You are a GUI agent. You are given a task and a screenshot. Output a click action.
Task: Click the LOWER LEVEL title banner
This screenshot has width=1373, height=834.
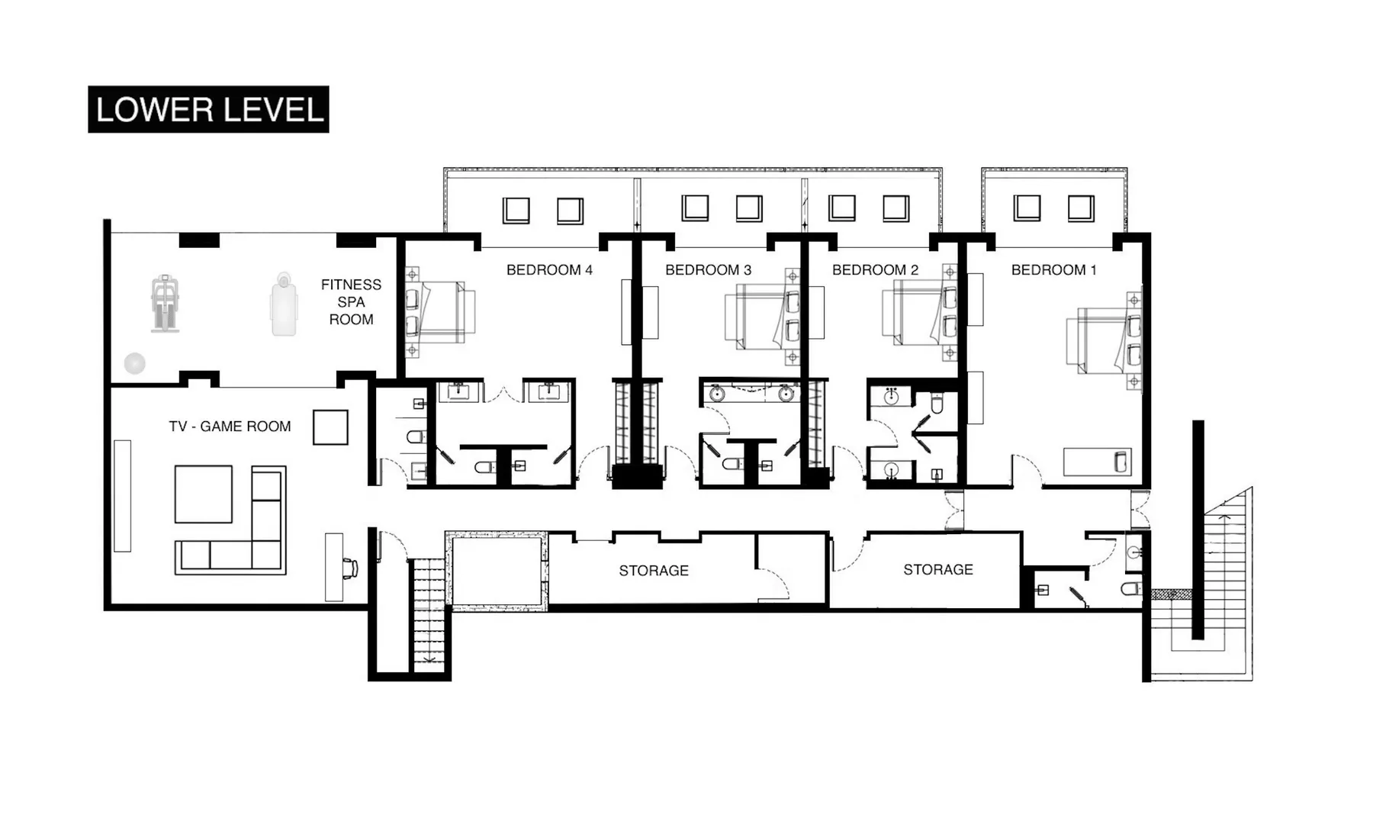point(208,109)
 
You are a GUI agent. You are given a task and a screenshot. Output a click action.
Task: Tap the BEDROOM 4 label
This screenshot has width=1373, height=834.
point(549,270)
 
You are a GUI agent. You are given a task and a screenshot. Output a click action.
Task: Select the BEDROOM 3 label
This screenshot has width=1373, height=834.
point(708,270)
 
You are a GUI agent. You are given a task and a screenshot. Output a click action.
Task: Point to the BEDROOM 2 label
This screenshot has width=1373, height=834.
point(875,270)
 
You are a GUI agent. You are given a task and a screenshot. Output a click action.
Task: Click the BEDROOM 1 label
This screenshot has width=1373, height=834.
point(1053,270)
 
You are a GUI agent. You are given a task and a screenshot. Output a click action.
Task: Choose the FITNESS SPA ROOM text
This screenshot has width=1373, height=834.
point(351,302)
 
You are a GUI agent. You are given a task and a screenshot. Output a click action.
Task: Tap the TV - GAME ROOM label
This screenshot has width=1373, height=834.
point(230,427)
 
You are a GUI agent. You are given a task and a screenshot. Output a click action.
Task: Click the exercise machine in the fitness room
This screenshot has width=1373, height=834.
point(166,304)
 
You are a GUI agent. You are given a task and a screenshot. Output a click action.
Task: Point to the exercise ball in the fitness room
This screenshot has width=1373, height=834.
point(135,363)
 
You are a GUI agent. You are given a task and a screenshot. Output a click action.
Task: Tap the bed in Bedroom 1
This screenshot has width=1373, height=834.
point(1102,340)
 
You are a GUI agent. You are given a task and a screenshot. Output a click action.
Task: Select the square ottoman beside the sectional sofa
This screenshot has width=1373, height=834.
point(203,494)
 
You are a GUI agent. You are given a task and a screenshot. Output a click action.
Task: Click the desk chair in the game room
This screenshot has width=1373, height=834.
point(350,568)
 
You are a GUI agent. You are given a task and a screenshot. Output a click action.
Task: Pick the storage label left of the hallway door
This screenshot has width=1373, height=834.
point(654,571)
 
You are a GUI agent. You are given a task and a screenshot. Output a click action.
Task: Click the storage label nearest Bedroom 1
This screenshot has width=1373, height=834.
point(937,570)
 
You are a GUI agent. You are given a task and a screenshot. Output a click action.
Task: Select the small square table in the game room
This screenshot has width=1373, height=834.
point(330,427)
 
